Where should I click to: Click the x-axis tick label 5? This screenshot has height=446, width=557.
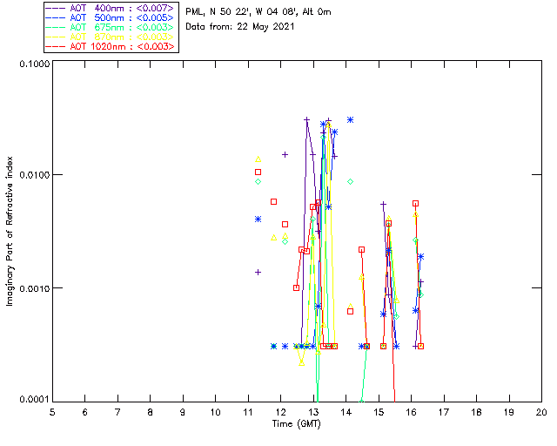pos(52,411)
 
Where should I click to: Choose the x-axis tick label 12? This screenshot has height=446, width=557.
pos(280,411)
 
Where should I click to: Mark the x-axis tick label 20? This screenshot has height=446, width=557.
pos(540,411)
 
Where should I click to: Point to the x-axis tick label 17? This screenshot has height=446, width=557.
pos(443,411)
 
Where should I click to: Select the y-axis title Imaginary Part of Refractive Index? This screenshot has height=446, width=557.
pos(10,231)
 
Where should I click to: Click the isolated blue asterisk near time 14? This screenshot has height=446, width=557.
pos(350,119)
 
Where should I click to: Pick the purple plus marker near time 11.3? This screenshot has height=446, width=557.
pos(258,272)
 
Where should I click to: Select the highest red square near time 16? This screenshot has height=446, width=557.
pos(415,204)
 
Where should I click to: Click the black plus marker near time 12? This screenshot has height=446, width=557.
pos(285,154)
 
